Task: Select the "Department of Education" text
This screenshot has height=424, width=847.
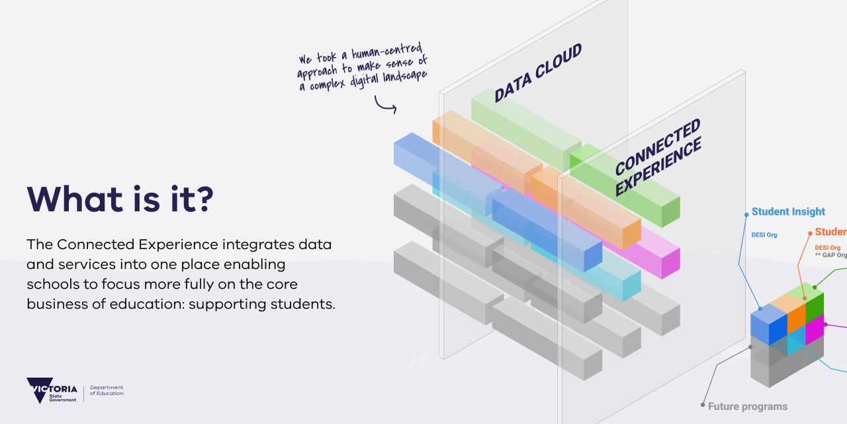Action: click(107, 391)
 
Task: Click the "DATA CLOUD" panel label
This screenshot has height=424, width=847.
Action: click(538, 73)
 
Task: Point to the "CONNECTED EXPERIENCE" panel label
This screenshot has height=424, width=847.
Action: click(658, 158)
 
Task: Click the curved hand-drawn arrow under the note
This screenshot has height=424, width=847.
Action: click(385, 104)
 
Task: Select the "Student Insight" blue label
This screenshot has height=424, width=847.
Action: click(788, 212)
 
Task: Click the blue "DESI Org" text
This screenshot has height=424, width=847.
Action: click(764, 235)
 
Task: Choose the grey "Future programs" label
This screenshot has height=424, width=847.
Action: click(748, 407)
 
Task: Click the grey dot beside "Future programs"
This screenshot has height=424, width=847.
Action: click(703, 404)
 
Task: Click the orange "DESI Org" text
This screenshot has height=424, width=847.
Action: click(827, 248)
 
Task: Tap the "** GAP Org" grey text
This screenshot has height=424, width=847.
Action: click(830, 255)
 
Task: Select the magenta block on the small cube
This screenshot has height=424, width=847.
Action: click(814, 329)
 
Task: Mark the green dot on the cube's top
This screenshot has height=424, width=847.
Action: click(815, 287)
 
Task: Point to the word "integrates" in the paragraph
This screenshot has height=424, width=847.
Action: click(253, 244)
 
